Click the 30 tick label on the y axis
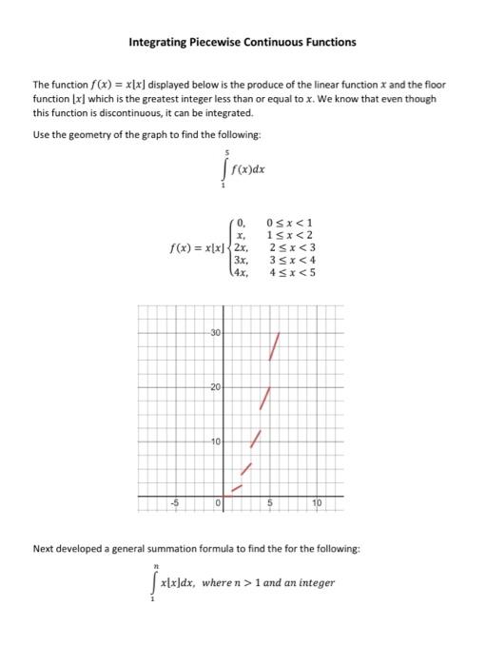pyautogui.click(x=215, y=332)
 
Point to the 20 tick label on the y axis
pyautogui.click(x=215, y=387)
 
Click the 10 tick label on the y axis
pyautogui.click(x=215, y=442)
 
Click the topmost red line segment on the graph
pyautogui.click(x=276, y=346)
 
